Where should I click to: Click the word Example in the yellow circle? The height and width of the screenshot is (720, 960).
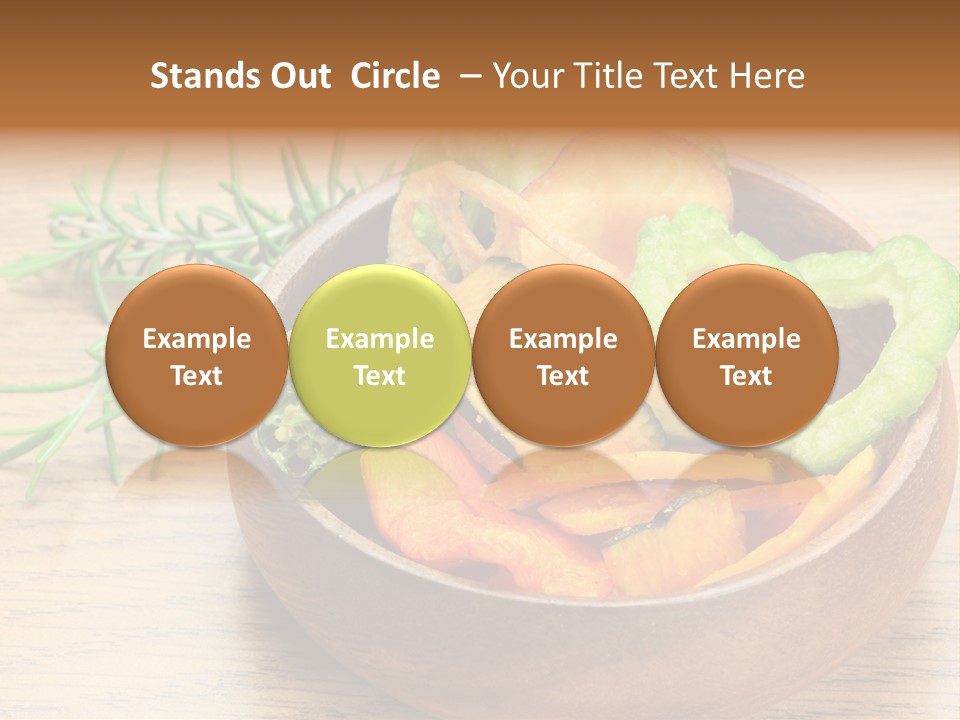tap(380, 339)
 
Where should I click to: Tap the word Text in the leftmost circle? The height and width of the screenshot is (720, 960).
tap(196, 376)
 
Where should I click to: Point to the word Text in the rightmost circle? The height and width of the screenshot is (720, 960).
tap(746, 376)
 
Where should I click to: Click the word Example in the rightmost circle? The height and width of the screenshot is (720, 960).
tap(746, 339)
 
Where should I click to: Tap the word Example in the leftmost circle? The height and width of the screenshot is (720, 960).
tap(196, 339)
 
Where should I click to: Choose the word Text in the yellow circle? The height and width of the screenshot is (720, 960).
tap(380, 376)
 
